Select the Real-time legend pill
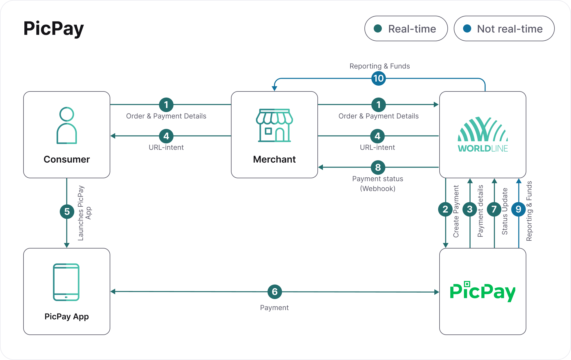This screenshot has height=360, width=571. point(406,28)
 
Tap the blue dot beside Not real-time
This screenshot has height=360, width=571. point(467,28)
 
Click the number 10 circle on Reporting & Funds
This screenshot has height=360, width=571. point(379,78)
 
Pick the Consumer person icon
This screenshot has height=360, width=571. point(67,125)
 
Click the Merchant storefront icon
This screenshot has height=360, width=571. point(274,125)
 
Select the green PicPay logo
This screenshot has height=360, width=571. point(483,291)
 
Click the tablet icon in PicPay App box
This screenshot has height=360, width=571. point(66,282)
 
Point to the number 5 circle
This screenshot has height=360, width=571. point(67,212)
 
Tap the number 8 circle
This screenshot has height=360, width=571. point(378,168)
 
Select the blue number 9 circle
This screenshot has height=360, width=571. point(518,209)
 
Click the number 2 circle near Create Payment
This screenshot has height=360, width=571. point(445,209)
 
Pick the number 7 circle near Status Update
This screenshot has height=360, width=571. point(494,209)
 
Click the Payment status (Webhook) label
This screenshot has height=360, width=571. point(378,183)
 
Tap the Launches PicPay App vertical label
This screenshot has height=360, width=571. point(84,213)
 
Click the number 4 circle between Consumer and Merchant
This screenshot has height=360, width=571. point(166,136)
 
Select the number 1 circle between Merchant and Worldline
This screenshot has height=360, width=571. point(379,105)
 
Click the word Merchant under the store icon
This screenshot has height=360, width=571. point(274,159)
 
